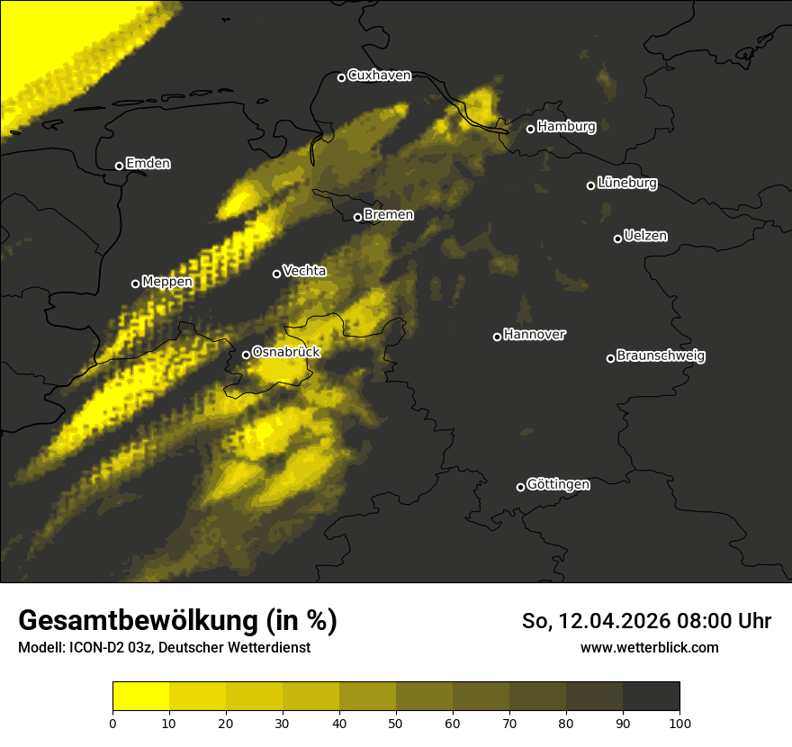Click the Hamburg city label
(566, 127)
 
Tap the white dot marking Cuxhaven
(341, 77)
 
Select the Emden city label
(148, 164)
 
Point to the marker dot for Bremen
(357, 217)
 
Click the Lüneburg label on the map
(626, 184)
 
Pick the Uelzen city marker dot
(617, 238)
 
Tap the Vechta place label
(304, 271)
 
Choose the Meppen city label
(166, 282)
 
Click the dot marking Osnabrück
(246, 355)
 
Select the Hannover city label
(534, 335)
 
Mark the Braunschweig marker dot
(610, 358)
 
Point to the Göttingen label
(558, 484)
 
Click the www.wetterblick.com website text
(649, 648)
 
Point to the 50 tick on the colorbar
(396, 722)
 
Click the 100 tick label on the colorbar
(679, 722)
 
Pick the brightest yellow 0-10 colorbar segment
(140, 697)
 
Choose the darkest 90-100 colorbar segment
(651, 697)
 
